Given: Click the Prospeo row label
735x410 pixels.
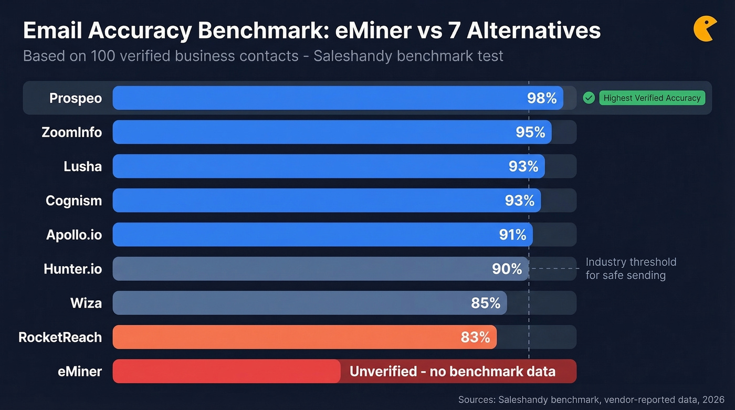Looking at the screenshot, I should coord(76,98).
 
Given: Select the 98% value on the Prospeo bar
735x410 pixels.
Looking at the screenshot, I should coord(541,98).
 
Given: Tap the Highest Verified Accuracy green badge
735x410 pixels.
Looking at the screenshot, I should coord(652,98).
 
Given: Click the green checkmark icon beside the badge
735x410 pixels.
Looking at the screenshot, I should coord(589,98).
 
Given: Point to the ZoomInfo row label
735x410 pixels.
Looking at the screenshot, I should coord(72,132).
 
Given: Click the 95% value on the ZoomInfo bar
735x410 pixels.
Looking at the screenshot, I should coord(530,132).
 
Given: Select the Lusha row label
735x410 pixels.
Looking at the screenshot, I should coord(82,166).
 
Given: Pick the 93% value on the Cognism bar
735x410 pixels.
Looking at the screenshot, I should coord(519,201).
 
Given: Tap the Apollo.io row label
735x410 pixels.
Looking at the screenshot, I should coord(74,235).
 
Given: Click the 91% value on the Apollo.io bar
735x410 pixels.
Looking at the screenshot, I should coord(512,235).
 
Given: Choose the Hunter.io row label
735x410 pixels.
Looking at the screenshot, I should coord(73,269).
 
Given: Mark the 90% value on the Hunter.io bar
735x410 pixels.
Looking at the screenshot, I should coord(507,269).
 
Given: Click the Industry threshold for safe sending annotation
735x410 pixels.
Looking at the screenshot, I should coord(631,268).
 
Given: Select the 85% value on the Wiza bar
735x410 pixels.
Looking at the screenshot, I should coord(486,303).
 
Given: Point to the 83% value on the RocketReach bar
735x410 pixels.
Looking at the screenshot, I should coord(475,337).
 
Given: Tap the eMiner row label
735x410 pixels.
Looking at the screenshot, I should coord(80,371).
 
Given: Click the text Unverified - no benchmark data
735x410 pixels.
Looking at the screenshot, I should coord(452,371).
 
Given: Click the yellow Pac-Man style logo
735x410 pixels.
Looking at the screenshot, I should coord(704,29).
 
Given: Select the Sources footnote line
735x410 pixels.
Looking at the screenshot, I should coord(591,400).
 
